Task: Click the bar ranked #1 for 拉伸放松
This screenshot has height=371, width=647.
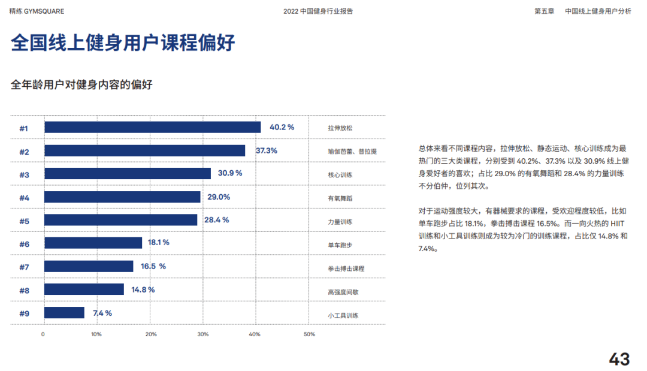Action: [153, 127]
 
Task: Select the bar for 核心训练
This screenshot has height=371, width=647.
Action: [128, 174]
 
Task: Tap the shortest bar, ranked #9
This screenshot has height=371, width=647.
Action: [65, 313]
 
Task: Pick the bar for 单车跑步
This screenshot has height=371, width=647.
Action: [93, 243]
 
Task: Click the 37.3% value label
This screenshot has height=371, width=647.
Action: [267, 150]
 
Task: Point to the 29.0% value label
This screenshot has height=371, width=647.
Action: [219, 197]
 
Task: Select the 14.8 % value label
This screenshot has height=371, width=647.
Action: [143, 289]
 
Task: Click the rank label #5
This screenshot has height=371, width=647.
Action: [24, 221]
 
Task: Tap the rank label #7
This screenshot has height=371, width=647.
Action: [24, 267]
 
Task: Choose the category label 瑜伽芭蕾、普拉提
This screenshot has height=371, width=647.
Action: [352, 152]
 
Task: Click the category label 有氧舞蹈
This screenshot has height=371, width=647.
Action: [340, 198]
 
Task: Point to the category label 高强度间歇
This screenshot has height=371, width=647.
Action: [343, 292]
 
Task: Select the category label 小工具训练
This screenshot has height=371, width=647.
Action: [343, 315]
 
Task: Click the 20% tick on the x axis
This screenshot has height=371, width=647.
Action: [151, 334]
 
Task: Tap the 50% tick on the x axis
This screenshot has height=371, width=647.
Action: [309, 334]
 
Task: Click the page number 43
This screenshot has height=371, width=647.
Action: [619, 359]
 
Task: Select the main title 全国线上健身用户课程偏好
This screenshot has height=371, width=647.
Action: [123, 43]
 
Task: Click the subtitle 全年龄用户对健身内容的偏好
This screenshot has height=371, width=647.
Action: [81, 85]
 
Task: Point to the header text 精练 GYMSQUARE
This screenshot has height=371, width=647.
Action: [37, 11]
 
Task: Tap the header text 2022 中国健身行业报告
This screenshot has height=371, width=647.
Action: [318, 11]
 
